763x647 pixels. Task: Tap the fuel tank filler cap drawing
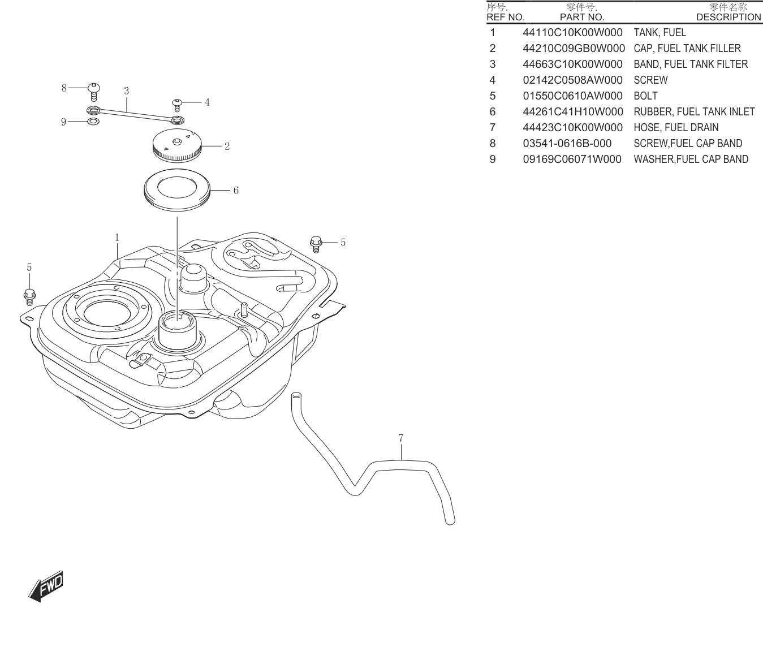pyautogui.click(x=177, y=145)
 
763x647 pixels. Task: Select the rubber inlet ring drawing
pyautogui.click(x=177, y=190)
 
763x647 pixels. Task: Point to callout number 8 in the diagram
pyautogui.click(x=64, y=88)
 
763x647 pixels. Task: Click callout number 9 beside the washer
pyautogui.click(x=63, y=122)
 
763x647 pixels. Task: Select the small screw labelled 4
pyautogui.click(x=177, y=105)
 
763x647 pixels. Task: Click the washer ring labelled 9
pyautogui.click(x=93, y=122)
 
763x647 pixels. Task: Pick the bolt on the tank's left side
pyautogui.click(x=29, y=297)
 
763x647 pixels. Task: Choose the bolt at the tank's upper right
pyautogui.click(x=316, y=244)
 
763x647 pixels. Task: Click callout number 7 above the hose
pyautogui.click(x=401, y=438)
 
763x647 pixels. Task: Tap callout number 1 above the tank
pyautogui.click(x=117, y=238)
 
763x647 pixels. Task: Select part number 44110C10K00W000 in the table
pyautogui.click(x=572, y=32)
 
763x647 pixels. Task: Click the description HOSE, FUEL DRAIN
pyautogui.click(x=676, y=128)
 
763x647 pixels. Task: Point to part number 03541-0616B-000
pyautogui.click(x=567, y=143)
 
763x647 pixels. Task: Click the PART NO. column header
pyautogui.click(x=582, y=17)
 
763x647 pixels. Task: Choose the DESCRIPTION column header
pyautogui.click(x=728, y=17)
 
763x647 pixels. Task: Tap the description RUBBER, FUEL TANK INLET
pyautogui.click(x=694, y=112)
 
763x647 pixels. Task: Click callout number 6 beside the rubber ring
pyautogui.click(x=236, y=191)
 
